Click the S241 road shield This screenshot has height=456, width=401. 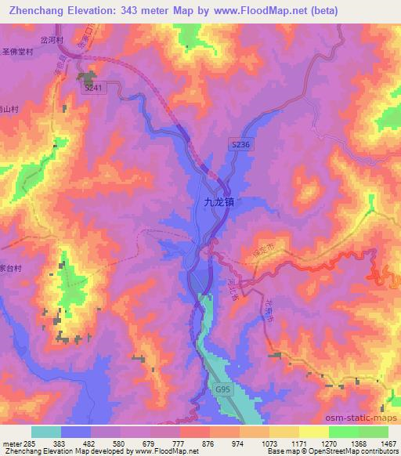pyautogui.click(x=93, y=89)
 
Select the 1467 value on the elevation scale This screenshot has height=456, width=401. pyautogui.click(x=388, y=443)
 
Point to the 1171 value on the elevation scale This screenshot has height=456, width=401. pyautogui.click(x=299, y=443)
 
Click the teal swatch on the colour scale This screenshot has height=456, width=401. pyautogui.click(x=46, y=432)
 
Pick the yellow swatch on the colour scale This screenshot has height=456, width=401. pyautogui.click(x=314, y=432)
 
